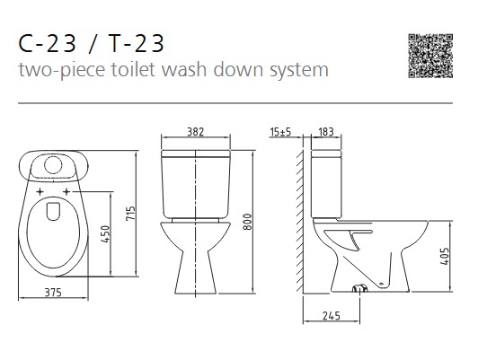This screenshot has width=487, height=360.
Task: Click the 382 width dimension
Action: pyautogui.click(x=194, y=132)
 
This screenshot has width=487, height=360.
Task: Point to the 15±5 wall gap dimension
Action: pyautogui.click(x=280, y=132)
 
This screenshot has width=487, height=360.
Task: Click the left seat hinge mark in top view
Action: pyautogui.click(x=40, y=192)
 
